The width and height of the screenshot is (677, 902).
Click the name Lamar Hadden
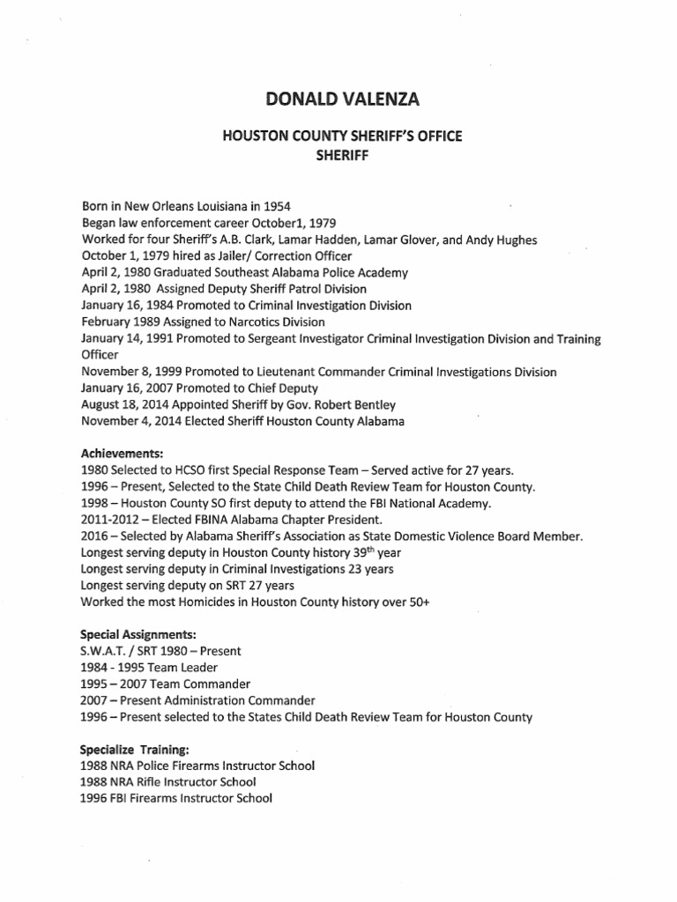coord(287,240)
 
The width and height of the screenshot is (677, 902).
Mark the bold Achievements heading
coord(122,454)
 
